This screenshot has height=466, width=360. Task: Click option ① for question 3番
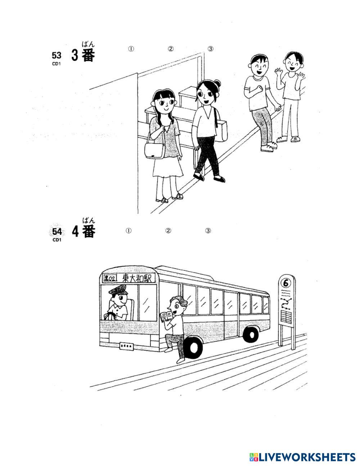131,49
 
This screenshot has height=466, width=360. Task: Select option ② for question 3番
171,49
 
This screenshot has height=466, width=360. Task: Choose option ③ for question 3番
211,49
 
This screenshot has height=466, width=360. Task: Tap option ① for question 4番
129,231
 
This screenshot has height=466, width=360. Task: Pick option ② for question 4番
168,231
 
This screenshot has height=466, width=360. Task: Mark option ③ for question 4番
208,231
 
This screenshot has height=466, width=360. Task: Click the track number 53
57,55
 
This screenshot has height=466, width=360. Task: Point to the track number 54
57,232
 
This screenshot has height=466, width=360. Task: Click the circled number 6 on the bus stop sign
286,283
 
